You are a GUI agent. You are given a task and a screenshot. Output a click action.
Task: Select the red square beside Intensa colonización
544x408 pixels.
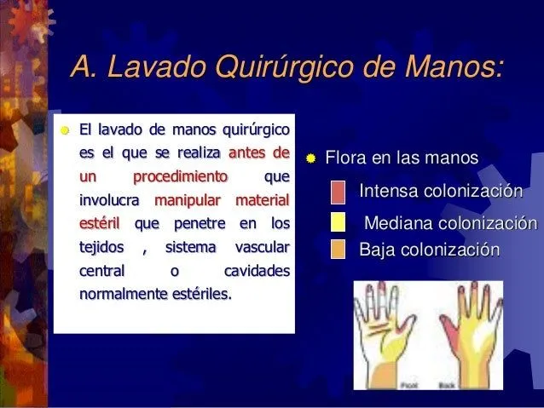click(x=338, y=190)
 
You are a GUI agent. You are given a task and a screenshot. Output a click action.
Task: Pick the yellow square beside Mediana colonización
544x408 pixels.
click(x=338, y=223)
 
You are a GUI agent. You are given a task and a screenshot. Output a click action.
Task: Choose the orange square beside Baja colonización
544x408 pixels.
click(x=338, y=250)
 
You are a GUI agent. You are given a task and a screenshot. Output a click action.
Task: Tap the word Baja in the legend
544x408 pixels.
click(x=376, y=250)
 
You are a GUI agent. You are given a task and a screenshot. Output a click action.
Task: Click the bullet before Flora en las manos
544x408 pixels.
click(x=312, y=158)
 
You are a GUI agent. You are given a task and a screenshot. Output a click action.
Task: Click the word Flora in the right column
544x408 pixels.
click(x=344, y=158)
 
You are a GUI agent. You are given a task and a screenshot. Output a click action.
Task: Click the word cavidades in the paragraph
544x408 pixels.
click(x=256, y=273)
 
